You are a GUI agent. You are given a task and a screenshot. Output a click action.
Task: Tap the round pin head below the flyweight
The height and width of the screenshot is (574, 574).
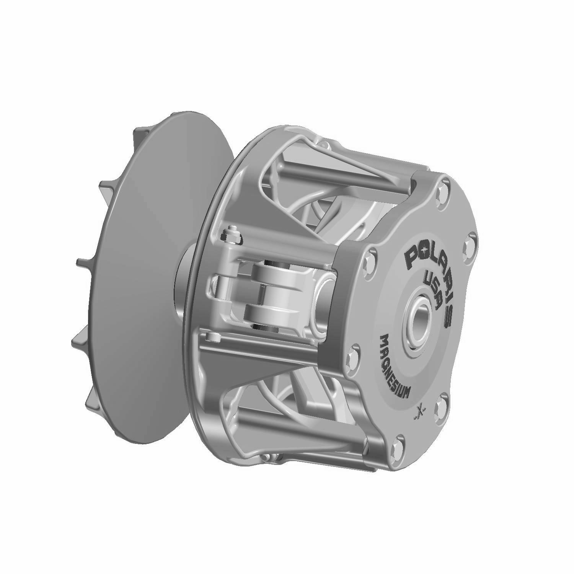[x=212, y=337]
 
